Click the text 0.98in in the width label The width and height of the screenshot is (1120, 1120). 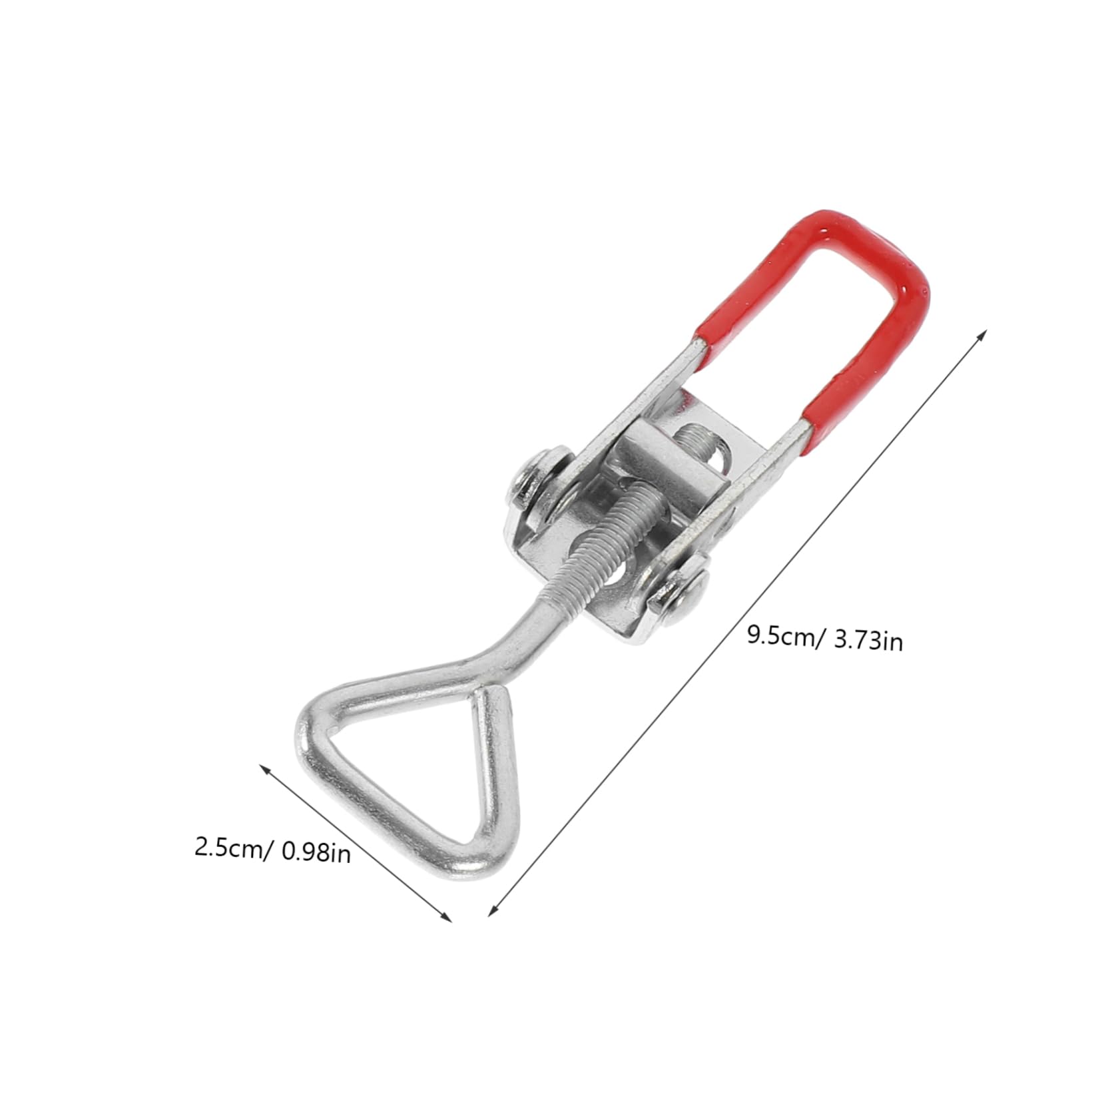click(316, 852)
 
